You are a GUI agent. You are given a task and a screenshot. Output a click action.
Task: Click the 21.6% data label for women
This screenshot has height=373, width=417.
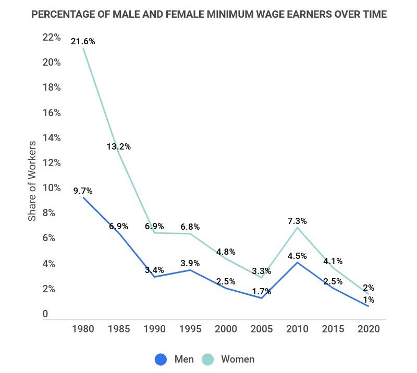coord(83,41)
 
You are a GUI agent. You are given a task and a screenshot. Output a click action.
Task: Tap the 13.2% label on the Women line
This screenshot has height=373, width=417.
coord(119,146)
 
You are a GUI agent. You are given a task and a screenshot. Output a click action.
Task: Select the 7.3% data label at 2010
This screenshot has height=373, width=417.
coord(297,221)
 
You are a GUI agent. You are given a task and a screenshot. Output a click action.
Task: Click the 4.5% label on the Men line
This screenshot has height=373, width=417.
coord(297,256)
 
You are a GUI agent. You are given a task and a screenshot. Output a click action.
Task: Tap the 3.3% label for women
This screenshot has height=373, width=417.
coord(261,271)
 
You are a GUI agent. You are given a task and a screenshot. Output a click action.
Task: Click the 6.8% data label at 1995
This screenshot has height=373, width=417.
coord(190,227)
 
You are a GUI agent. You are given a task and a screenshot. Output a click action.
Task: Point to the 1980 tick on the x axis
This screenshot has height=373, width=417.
coord(83,330)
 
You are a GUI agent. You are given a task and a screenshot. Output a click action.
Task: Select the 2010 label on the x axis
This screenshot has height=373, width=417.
coord(297,330)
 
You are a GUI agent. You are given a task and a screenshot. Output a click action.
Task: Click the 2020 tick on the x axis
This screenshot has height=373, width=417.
coord(369,330)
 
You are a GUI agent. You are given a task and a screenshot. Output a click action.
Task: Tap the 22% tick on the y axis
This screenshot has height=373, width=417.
coord(51,37)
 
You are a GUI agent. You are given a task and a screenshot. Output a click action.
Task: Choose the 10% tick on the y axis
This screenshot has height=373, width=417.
coord(51,188)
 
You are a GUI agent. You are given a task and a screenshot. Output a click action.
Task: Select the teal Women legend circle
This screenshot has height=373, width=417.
coord(208,359)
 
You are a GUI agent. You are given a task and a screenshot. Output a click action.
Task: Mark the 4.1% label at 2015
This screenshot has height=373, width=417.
coord(333,262)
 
